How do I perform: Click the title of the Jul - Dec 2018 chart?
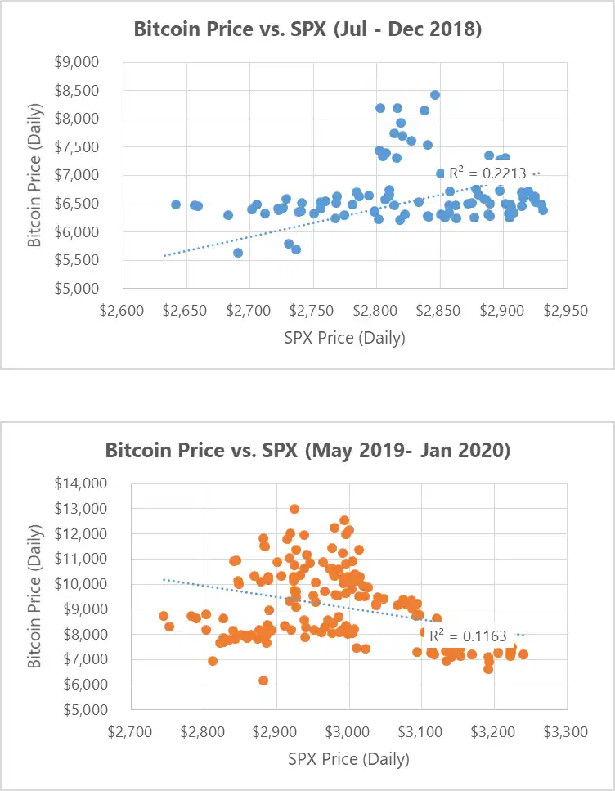pyautogui.click(x=307, y=31)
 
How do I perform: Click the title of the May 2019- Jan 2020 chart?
pyautogui.click(x=307, y=451)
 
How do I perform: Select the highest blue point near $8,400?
pyautogui.click(x=435, y=95)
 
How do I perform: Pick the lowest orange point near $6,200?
pyautogui.click(x=263, y=681)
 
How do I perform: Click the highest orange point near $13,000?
pyautogui.click(x=294, y=509)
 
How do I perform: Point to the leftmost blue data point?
pyautogui.click(x=176, y=204)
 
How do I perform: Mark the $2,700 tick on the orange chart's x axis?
pyautogui.click(x=131, y=730)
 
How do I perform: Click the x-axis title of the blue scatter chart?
pyautogui.click(x=345, y=337)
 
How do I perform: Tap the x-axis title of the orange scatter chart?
pyautogui.click(x=349, y=758)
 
